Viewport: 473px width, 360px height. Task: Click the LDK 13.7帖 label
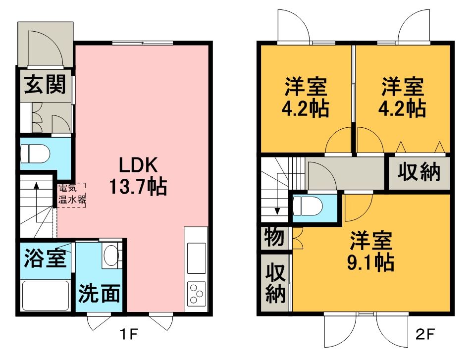tap(138, 176)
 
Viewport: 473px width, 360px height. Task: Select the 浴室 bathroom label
tap(45, 258)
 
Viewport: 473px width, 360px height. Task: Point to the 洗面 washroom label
tap(99, 293)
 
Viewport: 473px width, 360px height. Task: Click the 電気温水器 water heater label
tap(72, 195)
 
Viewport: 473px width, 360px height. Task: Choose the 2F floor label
tap(425, 334)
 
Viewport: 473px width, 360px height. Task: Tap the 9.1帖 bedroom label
tap(371, 252)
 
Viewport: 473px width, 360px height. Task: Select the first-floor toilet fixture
tap(35, 153)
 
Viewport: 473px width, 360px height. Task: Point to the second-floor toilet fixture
tap(308, 206)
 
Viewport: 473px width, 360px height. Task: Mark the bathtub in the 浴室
tap(46, 296)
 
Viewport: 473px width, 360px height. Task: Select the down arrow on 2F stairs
tap(277, 194)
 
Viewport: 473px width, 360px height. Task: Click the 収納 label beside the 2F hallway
tap(419, 172)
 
